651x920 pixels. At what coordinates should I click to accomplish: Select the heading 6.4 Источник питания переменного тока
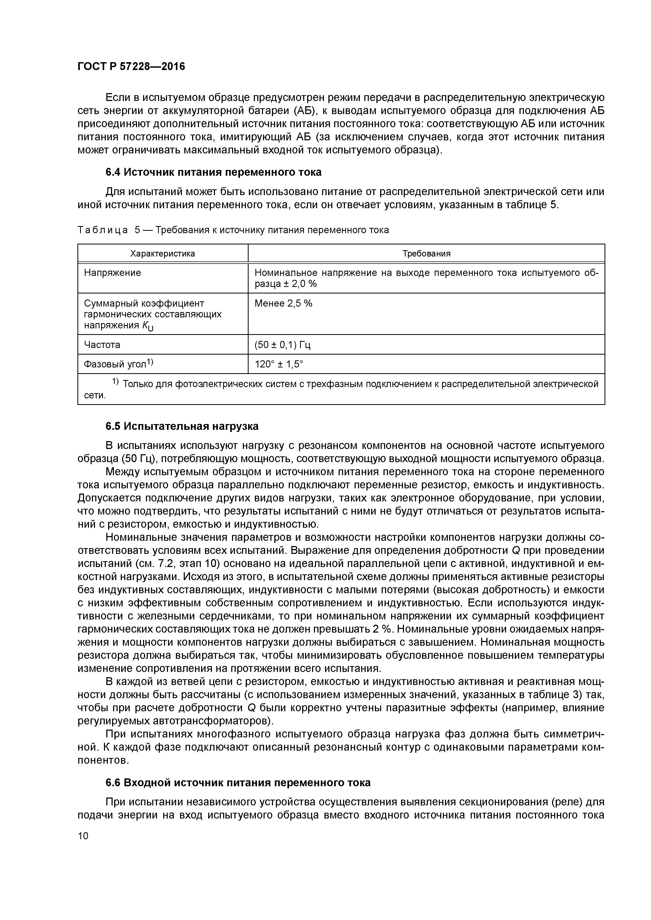coord(213,172)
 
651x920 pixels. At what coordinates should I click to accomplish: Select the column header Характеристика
coord(162,254)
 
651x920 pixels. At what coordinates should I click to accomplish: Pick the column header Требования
coord(426,254)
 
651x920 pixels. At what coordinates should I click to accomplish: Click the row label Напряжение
coord(112,273)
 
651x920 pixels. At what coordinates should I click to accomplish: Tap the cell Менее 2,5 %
coord(283,303)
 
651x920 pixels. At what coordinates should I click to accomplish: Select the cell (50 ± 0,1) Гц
coord(282,345)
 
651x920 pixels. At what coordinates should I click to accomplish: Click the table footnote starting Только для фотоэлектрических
coord(341,384)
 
